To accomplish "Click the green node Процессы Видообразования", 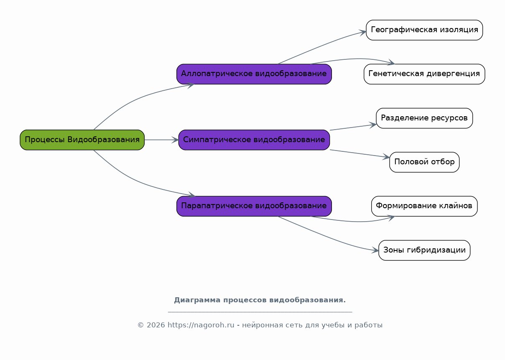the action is click(x=82, y=140).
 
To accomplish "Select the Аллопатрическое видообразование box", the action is click(x=254, y=74).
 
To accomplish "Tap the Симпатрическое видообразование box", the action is click(x=254, y=140).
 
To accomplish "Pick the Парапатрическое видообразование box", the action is click(x=254, y=206).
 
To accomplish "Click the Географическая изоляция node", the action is click(x=424, y=30).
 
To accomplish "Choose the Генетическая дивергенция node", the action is click(x=424, y=74).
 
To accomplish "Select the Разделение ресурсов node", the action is click(x=424, y=118).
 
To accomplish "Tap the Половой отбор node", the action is click(x=424, y=162).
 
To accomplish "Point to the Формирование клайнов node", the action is click(x=424, y=206).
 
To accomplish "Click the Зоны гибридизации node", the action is click(x=424, y=250).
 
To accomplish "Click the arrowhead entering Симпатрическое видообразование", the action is click(x=175, y=140).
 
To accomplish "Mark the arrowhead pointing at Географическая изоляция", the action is click(x=362, y=32).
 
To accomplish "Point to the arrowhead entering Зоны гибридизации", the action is click(x=375, y=250).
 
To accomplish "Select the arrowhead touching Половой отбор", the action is click(x=386, y=157).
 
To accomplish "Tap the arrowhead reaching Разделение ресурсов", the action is click(x=372, y=125).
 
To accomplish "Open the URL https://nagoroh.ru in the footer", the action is click(x=201, y=325).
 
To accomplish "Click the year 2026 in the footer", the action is click(x=156, y=325).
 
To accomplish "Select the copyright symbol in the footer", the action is click(x=141, y=325).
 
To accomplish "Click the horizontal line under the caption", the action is click(x=260, y=312).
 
